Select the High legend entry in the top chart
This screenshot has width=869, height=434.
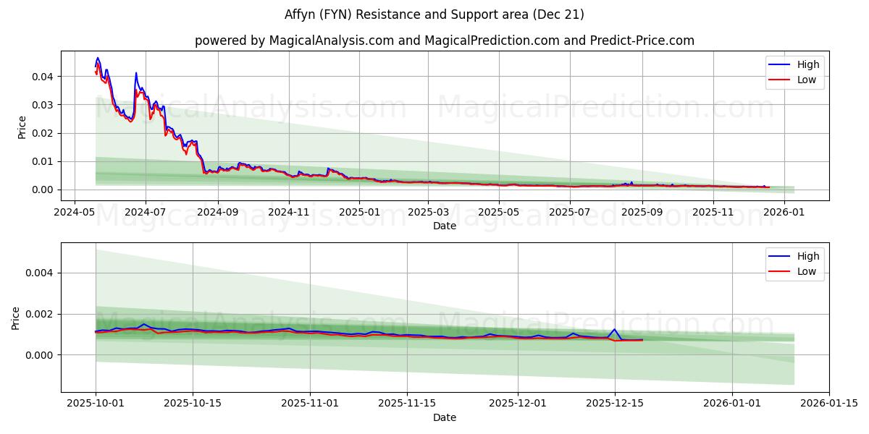[807, 64]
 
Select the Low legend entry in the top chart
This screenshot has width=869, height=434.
[807, 80]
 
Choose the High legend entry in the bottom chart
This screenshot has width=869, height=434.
[807, 256]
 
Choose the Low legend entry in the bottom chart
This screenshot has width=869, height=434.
[807, 271]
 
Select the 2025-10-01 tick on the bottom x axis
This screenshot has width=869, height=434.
[96, 404]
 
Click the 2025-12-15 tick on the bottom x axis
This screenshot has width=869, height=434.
[615, 404]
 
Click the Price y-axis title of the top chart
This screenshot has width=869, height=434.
[22, 127]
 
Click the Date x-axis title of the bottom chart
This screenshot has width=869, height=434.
[445, 417]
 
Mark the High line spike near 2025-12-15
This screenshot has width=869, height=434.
[615, 329]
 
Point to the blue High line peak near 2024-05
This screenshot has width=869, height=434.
[98, 58]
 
